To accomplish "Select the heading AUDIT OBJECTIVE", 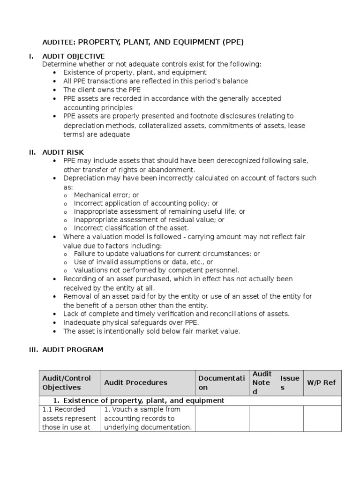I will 74,56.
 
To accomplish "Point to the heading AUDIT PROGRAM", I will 73,349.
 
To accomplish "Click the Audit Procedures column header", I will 135,382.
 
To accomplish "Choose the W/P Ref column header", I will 321,382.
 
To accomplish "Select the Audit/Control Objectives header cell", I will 67,382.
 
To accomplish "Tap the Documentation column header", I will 221,382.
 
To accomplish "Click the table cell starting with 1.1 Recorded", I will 69,418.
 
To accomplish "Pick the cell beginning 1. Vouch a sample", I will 148,418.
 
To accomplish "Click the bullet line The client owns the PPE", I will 102,90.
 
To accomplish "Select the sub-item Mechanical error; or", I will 106,195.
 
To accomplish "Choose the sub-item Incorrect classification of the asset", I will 131,228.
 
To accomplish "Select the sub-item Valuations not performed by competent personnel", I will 157,270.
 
